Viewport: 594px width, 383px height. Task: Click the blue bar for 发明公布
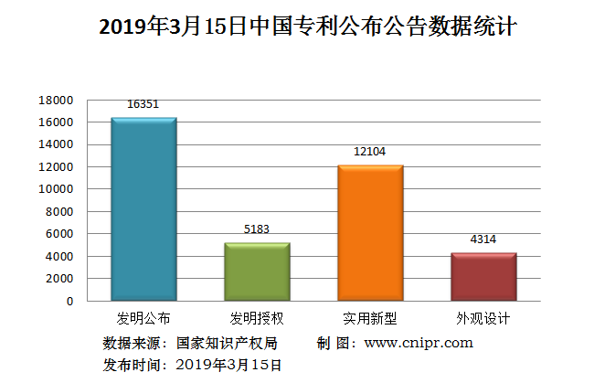(143, 209)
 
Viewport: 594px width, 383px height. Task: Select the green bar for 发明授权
(257, 271)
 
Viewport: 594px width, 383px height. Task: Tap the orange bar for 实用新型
(370, 233)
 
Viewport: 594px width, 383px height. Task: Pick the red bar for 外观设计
(483, 277)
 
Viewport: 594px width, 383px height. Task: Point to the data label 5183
(257, 229)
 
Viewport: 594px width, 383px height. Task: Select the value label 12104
(370, 152)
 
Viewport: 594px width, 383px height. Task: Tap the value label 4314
(483, 239)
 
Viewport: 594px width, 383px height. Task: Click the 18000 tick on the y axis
(56, 100)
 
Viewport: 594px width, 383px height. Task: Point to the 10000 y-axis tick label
(56, 189)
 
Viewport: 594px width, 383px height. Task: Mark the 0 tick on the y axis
(69, 301)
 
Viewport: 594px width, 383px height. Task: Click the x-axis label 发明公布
(143, 319)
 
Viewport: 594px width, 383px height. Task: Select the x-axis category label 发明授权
(257, 319)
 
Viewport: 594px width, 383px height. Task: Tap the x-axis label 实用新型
(370, 319)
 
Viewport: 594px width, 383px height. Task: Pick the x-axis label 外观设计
(483, 319)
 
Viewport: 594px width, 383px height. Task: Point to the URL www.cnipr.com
(419, 343)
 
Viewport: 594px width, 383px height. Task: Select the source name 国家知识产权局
(227, 344)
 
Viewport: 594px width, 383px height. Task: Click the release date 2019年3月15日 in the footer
(228, 364)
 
